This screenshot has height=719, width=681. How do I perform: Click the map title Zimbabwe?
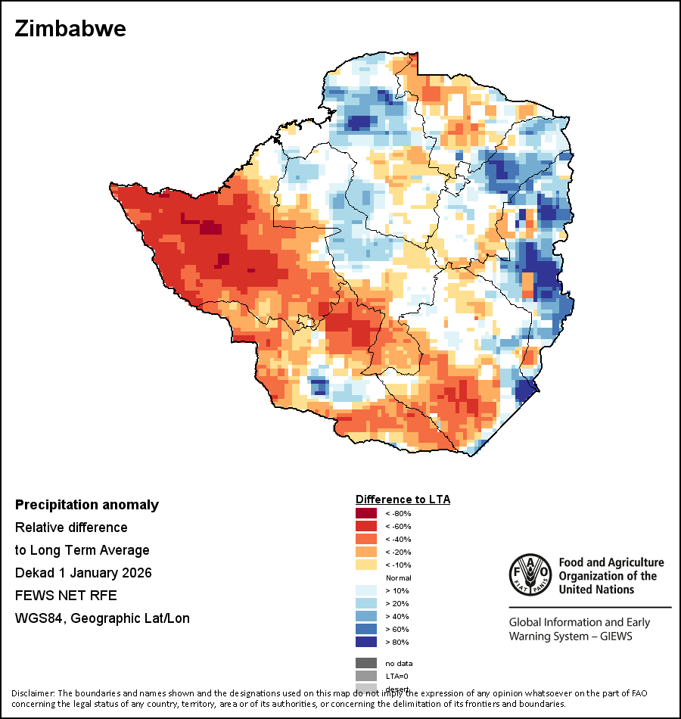click(70, 30)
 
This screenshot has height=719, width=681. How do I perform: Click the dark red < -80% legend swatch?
click(366, 514)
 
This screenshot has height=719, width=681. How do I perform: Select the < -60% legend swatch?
click(366, 527)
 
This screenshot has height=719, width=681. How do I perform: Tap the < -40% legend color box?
click(366, 540)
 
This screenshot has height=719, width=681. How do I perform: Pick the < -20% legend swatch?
click(366, 552)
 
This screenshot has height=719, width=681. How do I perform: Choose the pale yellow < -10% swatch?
click(366, 565)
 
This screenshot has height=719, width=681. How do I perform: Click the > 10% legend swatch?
click(366, 590)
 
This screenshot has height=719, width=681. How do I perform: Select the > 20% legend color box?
click(366, 603)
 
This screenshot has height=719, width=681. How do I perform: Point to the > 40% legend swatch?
click(366, 616)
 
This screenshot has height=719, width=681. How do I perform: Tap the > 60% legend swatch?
click(366, 629)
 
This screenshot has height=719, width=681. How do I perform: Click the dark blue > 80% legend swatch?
click(366, 642)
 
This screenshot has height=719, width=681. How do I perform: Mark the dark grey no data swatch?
click(366, 663)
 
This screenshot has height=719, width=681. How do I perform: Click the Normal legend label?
click(398, 577)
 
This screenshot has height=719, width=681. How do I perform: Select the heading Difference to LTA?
click(403, 500)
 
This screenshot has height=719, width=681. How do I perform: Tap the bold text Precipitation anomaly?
click(87, 505)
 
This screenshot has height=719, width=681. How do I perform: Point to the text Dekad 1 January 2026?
click(83, 573)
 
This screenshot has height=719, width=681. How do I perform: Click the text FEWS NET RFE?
click(66, 596)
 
